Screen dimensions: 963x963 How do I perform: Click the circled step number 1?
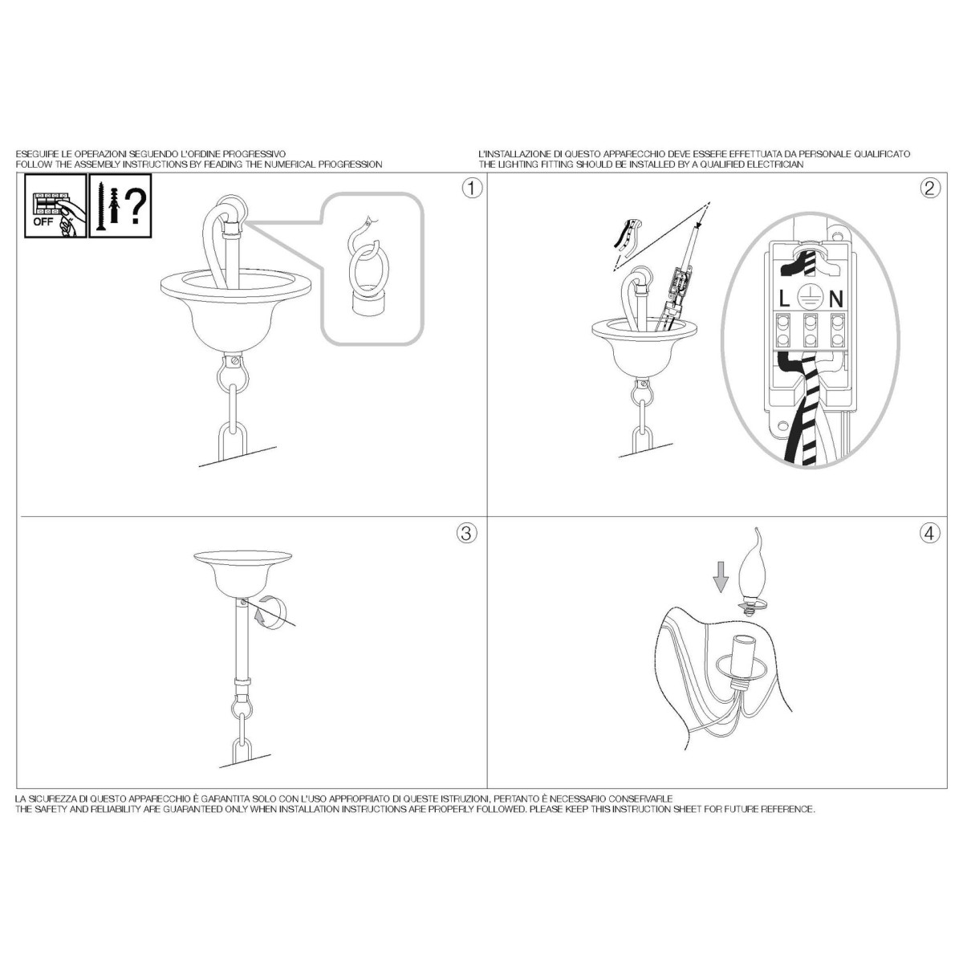472,189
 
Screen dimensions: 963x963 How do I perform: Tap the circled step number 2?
930,189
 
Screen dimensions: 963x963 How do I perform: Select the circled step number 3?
466,534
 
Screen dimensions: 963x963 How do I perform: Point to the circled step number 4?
929,534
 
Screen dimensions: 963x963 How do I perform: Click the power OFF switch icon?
55,205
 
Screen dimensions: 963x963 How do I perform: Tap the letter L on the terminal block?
784,299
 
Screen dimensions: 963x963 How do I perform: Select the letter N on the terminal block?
836,299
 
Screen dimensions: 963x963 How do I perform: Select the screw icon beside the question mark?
101,206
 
